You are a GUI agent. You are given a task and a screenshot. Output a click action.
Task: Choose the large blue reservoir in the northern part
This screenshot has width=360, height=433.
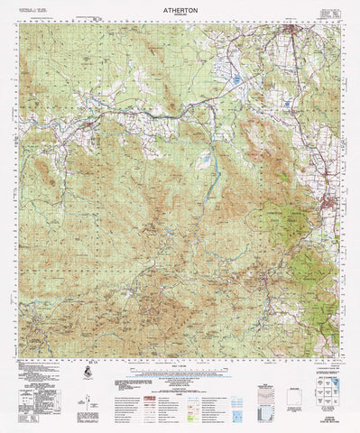pyautogui.click(x=235, y=80)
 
